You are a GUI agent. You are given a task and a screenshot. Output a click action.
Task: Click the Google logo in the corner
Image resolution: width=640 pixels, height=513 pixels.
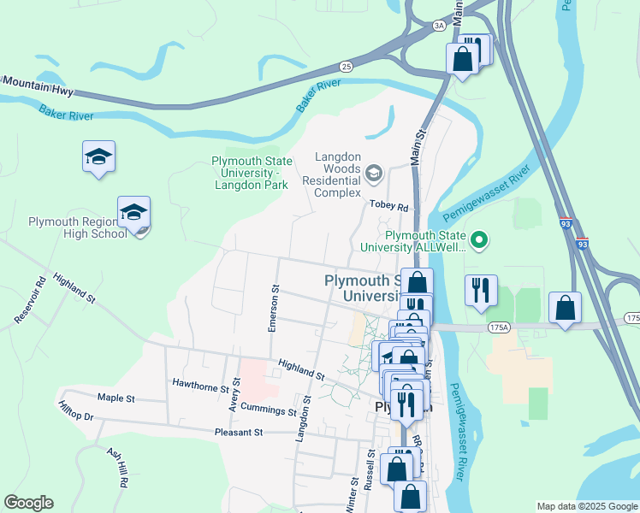(28, 503)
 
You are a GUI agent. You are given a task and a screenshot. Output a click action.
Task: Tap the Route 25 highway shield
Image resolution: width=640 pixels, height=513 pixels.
(346, 66)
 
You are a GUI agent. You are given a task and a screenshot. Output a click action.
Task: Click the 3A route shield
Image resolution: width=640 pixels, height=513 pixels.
(440, 27)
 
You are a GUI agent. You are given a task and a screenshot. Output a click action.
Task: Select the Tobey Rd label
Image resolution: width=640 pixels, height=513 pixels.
(389, 205)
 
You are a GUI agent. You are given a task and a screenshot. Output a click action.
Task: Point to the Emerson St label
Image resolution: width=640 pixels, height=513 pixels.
(274, 308)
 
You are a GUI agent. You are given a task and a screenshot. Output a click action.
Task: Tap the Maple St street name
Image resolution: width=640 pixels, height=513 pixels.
(116, 398)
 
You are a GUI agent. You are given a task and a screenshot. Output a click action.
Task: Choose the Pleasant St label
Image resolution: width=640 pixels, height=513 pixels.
(239, 433)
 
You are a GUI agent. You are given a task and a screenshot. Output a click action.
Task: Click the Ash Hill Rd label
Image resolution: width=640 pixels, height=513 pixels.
(116, 467)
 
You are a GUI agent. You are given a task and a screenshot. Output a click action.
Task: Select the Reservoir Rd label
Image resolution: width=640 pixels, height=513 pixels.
(29, 300)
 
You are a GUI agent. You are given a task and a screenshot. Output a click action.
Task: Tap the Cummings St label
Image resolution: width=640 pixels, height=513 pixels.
(268, 410)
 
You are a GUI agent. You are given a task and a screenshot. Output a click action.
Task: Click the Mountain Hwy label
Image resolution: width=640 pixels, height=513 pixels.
(38, 85)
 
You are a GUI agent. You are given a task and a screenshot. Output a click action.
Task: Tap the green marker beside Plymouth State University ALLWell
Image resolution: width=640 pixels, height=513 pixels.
(480, 241)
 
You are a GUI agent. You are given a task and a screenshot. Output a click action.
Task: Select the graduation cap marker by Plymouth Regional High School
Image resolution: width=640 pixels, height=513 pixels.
(133, 213)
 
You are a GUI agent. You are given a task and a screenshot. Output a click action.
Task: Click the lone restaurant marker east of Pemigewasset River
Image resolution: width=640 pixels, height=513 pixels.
(481, 290)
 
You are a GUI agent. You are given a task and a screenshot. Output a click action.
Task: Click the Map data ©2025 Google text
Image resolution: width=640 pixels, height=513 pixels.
(586, 506)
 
